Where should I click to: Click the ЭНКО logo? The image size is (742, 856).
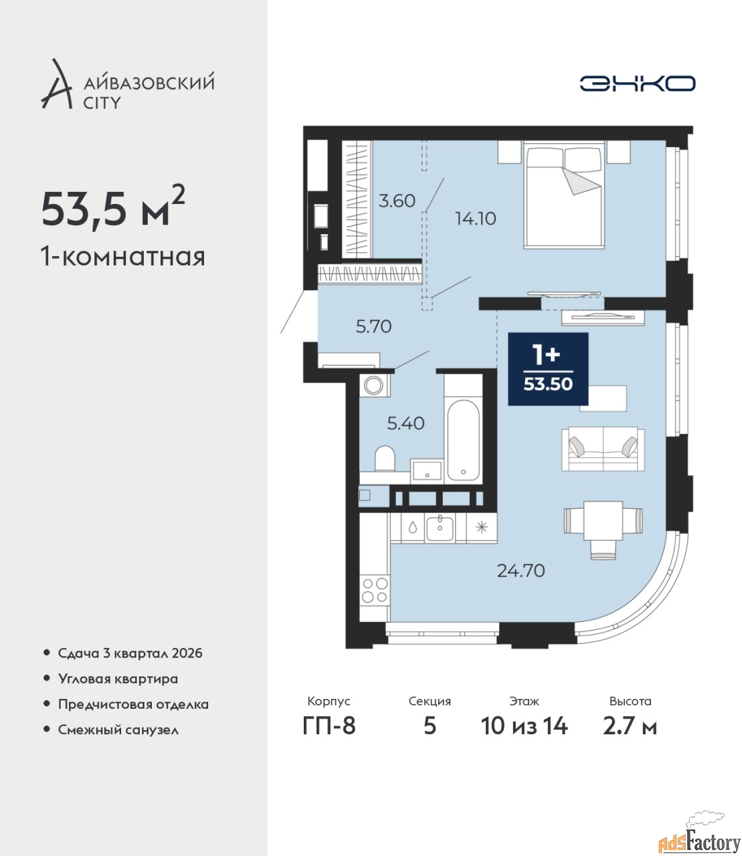(x=637, y=84)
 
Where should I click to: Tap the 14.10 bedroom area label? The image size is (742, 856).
(x=476, y=218)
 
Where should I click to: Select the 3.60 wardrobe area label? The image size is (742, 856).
(x=397, y=201)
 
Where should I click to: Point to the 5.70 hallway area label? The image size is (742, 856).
(x=373, y=327)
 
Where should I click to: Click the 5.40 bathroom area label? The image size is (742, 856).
(x=405, y=423)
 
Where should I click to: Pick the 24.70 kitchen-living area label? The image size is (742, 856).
(x=521, y=571)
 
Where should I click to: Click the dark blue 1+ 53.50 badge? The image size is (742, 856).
(x=548, y=369)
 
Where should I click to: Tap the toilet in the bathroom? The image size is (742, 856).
(x=385, y=458)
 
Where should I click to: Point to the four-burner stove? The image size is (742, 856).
(x=375, y=590)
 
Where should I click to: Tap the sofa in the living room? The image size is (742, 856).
(x=603, y=449)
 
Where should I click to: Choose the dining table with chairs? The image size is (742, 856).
(x=603, y=526)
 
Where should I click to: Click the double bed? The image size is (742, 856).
(x=564, y=195)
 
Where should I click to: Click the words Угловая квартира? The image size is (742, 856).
(x=118, y=679)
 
